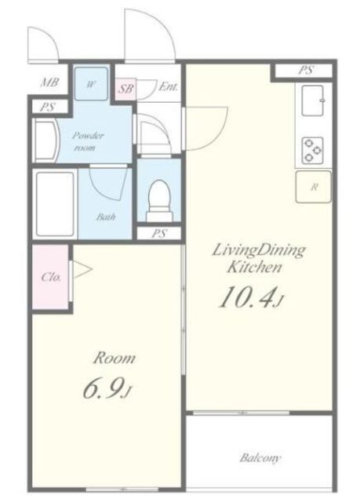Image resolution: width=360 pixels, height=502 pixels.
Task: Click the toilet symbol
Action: pos(158,200)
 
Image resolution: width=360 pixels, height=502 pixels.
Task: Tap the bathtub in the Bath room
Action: pos(55,204)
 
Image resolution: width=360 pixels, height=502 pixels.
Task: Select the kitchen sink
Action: pos(313,100)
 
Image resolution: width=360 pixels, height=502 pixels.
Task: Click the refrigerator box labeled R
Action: pos(313,187)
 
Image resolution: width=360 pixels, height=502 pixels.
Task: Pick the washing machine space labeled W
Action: pos(91,84)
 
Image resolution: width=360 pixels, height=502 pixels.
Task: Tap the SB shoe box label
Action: pos(125,88)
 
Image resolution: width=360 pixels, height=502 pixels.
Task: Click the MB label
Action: pos(49,82)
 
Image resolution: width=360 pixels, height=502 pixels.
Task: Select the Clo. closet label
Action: pos(51,277)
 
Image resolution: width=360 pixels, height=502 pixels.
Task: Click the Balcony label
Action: pos(260,458)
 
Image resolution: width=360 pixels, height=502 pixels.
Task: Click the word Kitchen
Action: pos(254,267)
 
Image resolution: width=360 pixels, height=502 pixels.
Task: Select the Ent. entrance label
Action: pos(169,86)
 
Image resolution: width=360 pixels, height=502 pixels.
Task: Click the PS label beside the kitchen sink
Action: pos(306,70)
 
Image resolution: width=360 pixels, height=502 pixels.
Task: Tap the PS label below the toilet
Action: pos(159,234)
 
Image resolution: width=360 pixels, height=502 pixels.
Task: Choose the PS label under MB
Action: pos(47,107)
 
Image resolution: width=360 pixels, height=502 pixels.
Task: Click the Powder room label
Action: pos(87,141)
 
